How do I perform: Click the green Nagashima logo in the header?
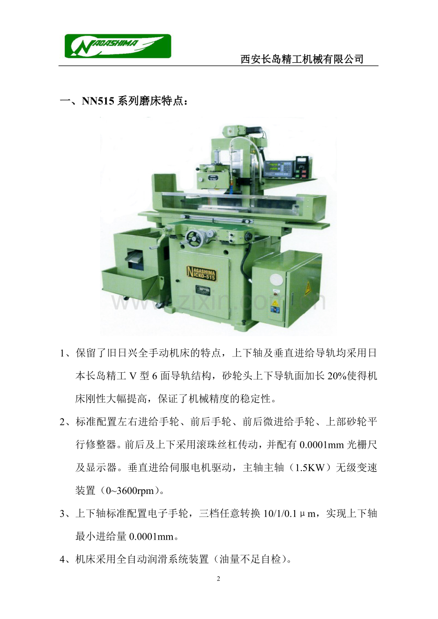click(x=118, y=46)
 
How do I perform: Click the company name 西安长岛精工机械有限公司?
click(x=301, y=59)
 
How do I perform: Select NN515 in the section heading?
click(x=98, y=101)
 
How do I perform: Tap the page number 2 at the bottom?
click(x=219, y=578)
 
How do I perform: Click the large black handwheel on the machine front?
click(x=194, y=239)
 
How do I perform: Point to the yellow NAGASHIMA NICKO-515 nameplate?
click(x=201, y=273)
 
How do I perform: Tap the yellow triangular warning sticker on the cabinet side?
click(x=308, y=289)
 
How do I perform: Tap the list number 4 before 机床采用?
click(x=62, y=560)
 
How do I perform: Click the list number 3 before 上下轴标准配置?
click(x=62, y=514)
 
